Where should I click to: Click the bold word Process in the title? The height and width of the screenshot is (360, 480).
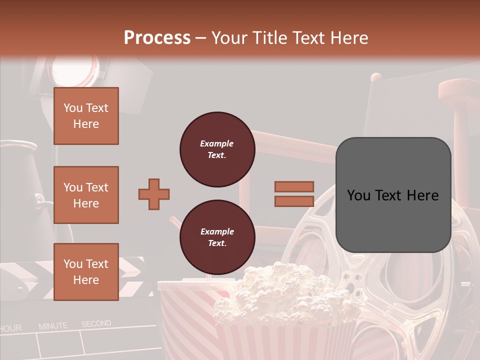click(157, 37)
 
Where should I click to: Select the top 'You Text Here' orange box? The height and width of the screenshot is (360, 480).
click(86, 116)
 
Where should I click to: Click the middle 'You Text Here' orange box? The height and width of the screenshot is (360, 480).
click(86, 195)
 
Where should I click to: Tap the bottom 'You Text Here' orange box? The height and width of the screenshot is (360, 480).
click(86, 272)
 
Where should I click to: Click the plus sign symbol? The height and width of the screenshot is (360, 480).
click(154, 194)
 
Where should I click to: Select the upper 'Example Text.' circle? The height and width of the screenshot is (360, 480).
click(217, 149)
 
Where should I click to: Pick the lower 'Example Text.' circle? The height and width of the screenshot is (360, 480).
click(217, 237)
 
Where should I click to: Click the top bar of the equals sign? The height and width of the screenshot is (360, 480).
click(294, 186)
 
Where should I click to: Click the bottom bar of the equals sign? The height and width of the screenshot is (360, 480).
click(294, 201)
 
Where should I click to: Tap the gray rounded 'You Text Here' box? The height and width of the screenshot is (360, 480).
click(393, 195)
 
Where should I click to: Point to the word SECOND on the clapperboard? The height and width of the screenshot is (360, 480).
click(96, 324)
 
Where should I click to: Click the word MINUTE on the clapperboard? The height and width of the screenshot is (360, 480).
click(53, 326)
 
